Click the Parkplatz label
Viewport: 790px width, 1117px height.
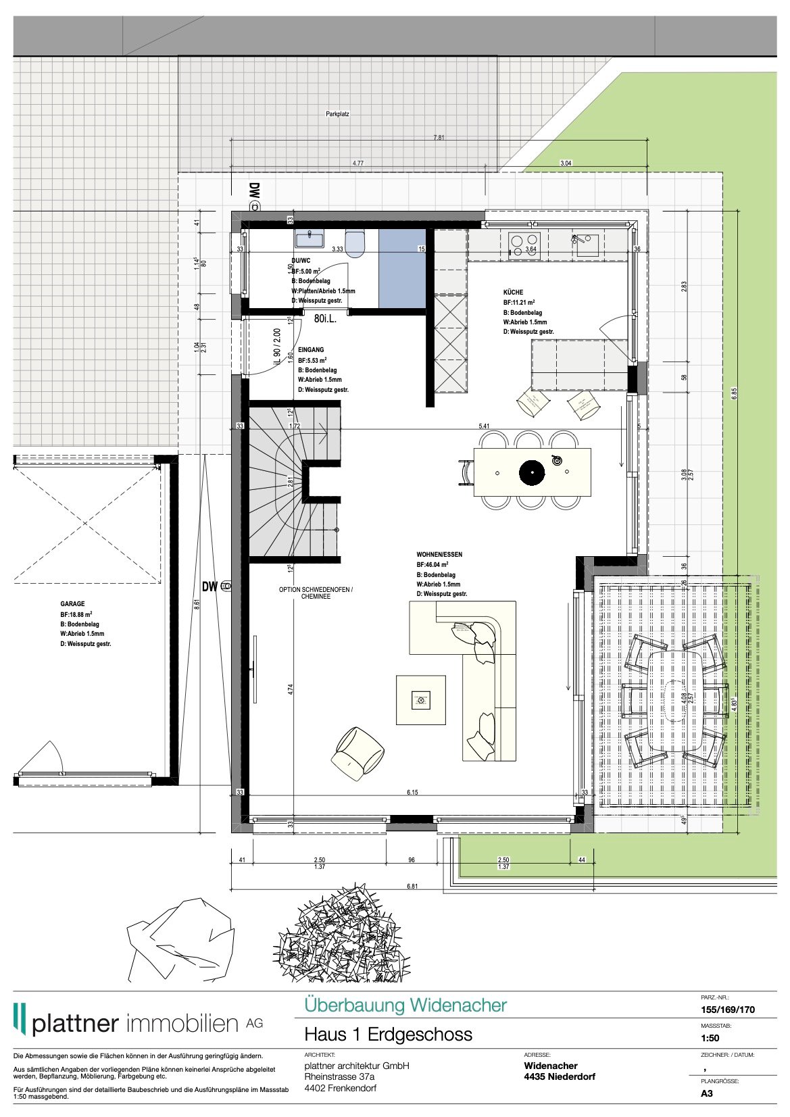point(337,115)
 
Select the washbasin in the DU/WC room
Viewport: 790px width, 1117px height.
point(310,238)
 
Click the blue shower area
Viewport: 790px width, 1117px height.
point(402,268)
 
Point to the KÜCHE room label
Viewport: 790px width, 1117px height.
point(513,293)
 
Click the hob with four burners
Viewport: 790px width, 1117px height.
point(524,242)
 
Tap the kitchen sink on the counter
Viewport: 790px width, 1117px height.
point(585,243)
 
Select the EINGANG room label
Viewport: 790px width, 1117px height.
point(311,350)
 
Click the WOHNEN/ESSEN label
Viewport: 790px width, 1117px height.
point(439,555)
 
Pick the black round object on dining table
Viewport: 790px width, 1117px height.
point(532,472)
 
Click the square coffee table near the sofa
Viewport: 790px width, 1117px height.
point(421,700)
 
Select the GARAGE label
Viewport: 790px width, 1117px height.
point(72,604)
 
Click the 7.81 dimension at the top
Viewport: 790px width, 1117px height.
point(439,137)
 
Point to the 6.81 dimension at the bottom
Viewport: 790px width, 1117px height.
point(412,886)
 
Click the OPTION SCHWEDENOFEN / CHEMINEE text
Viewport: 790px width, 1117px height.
point(316,593)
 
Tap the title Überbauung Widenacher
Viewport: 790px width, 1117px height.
point(405,1005)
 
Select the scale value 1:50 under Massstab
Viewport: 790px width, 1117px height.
point(710,1038)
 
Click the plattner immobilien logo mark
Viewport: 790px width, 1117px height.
point(20,1019)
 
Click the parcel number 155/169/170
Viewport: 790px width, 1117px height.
point(728,1010)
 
